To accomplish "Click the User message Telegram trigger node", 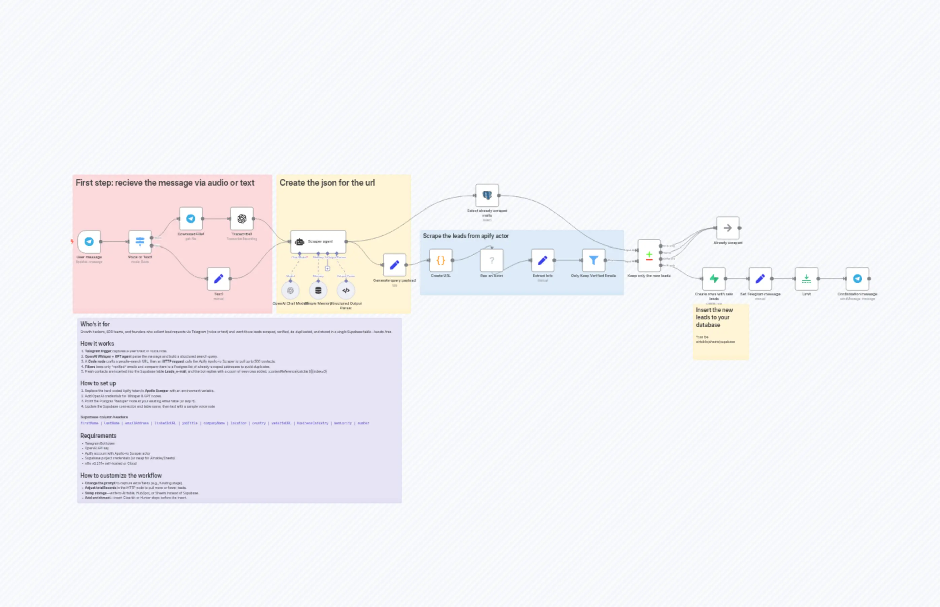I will [89, 241].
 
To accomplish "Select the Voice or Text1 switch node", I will [140, 241].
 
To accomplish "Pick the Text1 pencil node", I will [218, 279].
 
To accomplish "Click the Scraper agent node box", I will [318, 241].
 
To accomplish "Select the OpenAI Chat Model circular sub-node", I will [291, 291].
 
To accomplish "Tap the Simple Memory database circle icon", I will [318, 291].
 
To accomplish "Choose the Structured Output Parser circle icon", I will [346, 291].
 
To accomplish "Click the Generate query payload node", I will [394, 265].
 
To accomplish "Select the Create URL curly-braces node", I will [441, 260].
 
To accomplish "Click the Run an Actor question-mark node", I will [492, 260].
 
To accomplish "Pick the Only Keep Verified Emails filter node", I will [593, 260].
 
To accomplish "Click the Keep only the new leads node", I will [649, 256].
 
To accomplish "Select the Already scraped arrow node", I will [728, 228].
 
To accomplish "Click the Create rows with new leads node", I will [714, 279].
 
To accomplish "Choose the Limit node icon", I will [806, 279].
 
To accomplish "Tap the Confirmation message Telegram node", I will [857, 279].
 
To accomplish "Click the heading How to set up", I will [98, 383].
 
